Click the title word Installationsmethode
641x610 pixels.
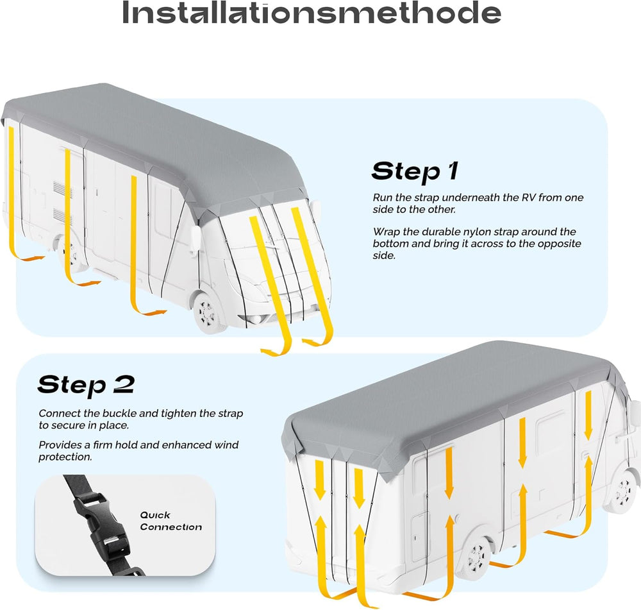click(312, 13)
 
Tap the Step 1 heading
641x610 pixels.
click(415, 171)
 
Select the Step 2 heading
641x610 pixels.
click(86, 385)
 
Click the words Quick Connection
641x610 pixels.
click(171, 521)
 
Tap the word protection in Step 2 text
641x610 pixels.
click(65, 457)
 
